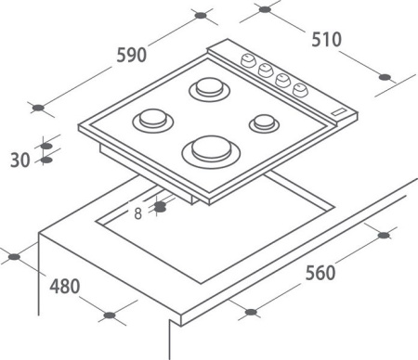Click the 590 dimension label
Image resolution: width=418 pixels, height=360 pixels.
pos(131,55)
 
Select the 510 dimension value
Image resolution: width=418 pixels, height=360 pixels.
pos(326,39)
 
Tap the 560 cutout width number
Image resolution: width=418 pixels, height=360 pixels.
pos(320,273)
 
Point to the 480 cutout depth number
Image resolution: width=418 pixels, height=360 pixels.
pos(65,286)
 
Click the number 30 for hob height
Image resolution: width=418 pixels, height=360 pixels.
pos(20,160)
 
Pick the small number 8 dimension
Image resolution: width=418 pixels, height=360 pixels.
pos(138,213)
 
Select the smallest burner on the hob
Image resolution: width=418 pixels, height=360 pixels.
pos(264,123)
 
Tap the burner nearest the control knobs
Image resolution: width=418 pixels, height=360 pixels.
pos(210,89)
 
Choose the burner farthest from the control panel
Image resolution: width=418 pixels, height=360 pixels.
pos(153,121)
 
